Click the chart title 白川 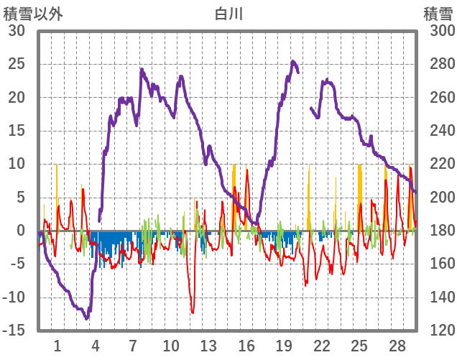tap(228, 12)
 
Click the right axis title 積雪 tap(438, 12)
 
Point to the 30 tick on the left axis tap(16, 31)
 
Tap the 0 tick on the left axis tap(20, 231)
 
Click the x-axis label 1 tap(57, 346)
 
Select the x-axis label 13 tap(208, 346)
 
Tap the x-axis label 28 tap(397, 346)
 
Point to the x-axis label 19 tap(284, 346)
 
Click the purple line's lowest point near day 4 tap(87, 318)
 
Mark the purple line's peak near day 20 tap(293, 62)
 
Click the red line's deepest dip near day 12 tap(193, 313)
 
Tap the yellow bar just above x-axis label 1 tap(56, 194)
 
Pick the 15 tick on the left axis tap(16, 131)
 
